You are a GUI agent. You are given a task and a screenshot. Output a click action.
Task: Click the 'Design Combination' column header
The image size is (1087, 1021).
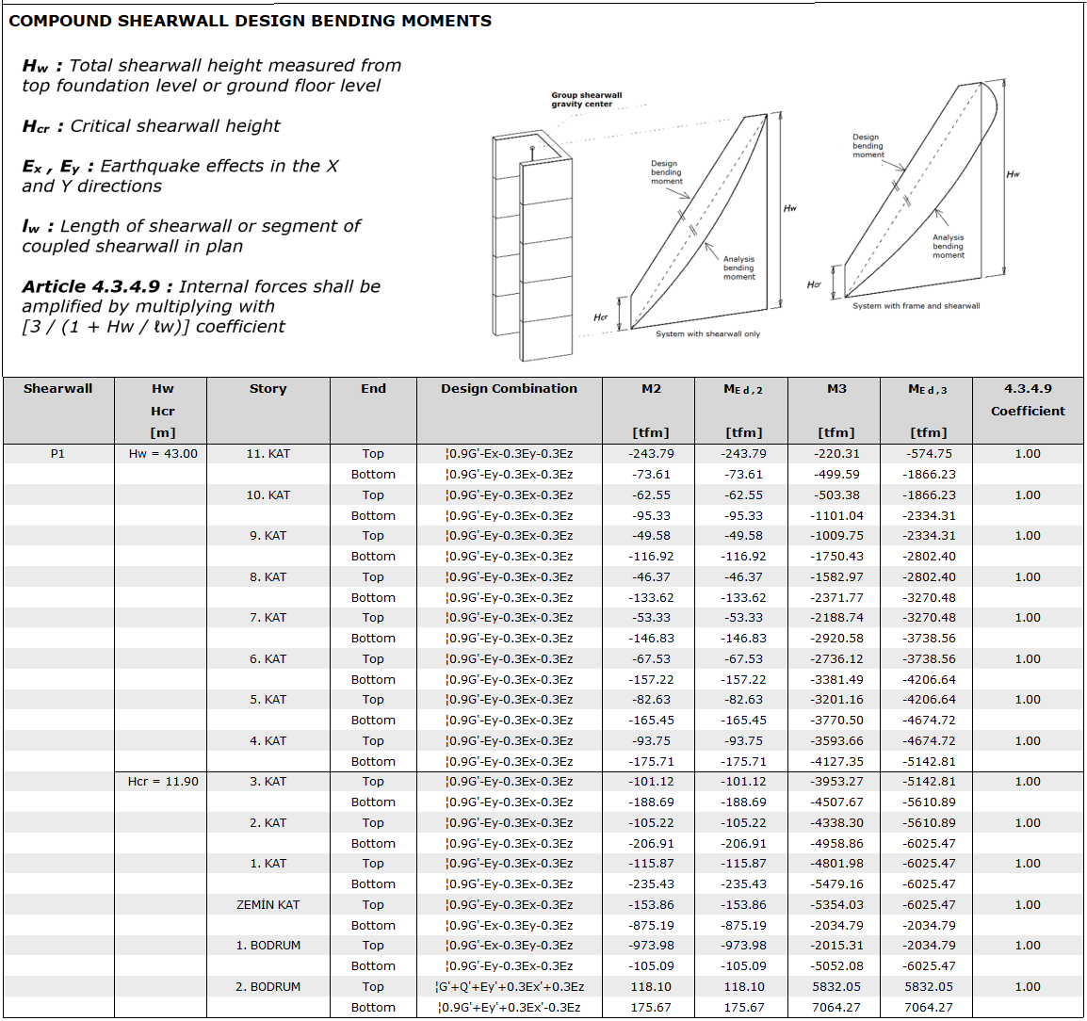pos(509,388)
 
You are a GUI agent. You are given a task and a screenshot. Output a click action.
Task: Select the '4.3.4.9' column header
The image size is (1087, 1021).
pos(1028,388)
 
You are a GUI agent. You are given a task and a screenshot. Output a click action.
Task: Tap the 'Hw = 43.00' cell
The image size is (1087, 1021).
pos(163,454)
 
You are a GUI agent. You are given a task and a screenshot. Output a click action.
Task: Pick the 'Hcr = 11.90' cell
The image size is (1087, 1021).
pos(163,782)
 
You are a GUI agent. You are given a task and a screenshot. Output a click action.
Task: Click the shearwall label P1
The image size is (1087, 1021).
pos(58,454)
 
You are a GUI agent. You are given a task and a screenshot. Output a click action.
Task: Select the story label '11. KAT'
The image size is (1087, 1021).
pos(268,454)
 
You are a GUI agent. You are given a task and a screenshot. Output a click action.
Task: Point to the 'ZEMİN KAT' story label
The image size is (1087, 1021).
pos(268,905)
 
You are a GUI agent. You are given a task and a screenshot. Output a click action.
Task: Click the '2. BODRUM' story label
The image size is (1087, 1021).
pos(268,987)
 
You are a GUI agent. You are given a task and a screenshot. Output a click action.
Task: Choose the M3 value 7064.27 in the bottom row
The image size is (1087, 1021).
pos(836,1008)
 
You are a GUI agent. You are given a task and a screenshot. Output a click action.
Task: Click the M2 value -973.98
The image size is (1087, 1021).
pos(652,946)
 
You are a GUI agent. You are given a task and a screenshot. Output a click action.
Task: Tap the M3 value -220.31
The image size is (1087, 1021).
pos(836,454)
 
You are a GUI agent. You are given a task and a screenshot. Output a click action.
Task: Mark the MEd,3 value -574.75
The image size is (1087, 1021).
pos(929,454)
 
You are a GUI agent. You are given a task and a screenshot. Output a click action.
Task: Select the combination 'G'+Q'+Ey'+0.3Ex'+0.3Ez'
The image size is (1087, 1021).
pos(511,987)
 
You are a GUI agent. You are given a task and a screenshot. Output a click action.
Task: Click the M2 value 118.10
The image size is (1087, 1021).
pos(651,987)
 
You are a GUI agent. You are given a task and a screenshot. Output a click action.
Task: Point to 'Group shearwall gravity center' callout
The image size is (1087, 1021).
pos(586,100)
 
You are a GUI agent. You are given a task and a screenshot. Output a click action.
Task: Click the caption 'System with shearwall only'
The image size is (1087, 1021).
pos(707,334)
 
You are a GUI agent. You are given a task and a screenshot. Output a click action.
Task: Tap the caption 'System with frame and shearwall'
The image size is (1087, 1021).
pos(916,306)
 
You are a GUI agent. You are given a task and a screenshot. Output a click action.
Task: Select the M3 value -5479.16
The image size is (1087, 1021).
pos(836,884)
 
